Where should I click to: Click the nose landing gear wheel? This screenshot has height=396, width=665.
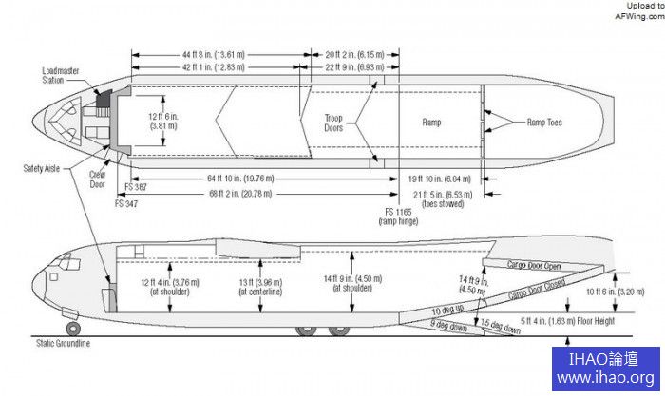72,329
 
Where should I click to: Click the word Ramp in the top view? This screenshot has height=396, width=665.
432,123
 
